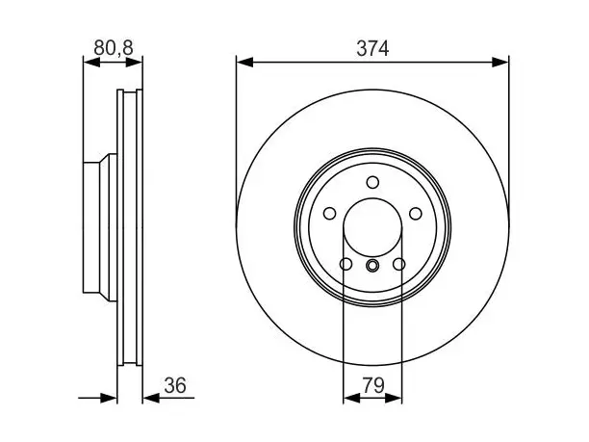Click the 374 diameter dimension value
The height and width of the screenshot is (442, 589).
pos(372,48)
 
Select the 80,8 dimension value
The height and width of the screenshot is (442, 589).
pos(114,48)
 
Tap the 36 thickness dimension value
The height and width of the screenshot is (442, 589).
pos(175,385)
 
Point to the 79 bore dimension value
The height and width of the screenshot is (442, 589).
pos(373,385)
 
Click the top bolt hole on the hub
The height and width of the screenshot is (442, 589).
pos(372,182)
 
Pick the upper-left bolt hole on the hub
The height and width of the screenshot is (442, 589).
pos(329,214)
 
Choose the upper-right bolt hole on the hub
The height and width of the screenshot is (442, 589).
pos(416,214)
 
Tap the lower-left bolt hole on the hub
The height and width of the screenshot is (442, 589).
pos(346,264)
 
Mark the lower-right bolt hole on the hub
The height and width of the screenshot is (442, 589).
pos(399,264)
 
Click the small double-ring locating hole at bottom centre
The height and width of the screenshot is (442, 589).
pos(372,266)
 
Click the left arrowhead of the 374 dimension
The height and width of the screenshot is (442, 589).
pos(244,63)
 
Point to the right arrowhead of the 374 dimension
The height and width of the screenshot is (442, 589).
pos(499,63)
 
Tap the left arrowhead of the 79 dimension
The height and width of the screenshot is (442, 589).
pos(351,398)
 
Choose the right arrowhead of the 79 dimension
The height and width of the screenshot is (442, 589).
pos(394,398)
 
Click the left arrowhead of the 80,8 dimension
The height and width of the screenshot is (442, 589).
pos(91,63)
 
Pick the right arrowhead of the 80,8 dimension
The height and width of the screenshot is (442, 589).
pos(134,63)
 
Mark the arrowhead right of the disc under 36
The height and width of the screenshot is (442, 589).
pos(151,398)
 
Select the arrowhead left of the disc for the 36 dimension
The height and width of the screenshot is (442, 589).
pos(109,398)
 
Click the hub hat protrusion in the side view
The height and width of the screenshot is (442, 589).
pos(100,227)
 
